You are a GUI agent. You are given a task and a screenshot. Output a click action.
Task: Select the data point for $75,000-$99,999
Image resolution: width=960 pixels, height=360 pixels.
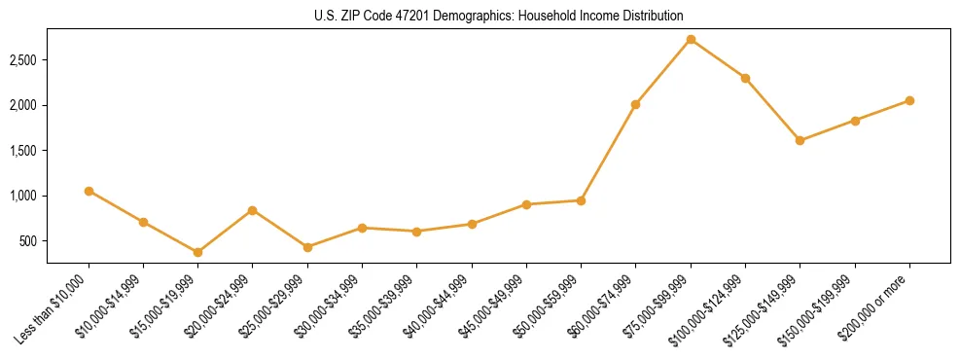point(691,40)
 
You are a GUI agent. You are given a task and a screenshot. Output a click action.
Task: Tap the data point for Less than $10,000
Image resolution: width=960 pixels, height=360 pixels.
point(89,191)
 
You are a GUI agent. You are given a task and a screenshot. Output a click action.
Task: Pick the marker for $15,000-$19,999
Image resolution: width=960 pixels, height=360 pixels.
point(197,252)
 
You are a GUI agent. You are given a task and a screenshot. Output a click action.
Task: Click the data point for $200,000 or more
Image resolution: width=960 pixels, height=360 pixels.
point(909,100)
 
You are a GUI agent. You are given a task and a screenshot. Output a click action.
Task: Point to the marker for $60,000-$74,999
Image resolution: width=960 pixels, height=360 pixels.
point(635,104)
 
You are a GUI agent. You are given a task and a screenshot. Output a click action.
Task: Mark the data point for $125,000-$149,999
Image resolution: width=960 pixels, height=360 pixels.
point(800,140)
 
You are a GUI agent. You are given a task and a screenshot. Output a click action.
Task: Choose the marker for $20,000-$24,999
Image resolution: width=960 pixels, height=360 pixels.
point(252,210)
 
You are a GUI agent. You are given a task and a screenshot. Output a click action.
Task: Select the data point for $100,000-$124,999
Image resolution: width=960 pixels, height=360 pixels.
point(745,78)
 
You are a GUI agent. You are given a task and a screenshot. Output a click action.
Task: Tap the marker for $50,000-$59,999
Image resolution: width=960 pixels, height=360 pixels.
point(581,200)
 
